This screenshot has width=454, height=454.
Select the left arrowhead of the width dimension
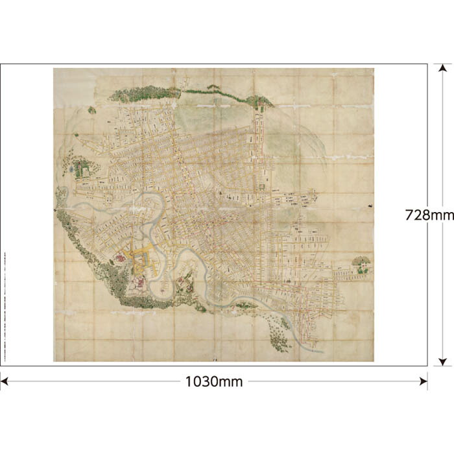pos(4,381)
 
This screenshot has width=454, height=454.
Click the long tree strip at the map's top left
pos(144,93)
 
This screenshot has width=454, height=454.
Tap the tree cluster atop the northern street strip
pos(259,101)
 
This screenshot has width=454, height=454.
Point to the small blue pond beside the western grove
pos(71,170)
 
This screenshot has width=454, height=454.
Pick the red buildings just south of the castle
pos(137,282)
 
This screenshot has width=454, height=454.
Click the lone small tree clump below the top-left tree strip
pos(92,111)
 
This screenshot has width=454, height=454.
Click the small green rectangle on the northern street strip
pos(261,187)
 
